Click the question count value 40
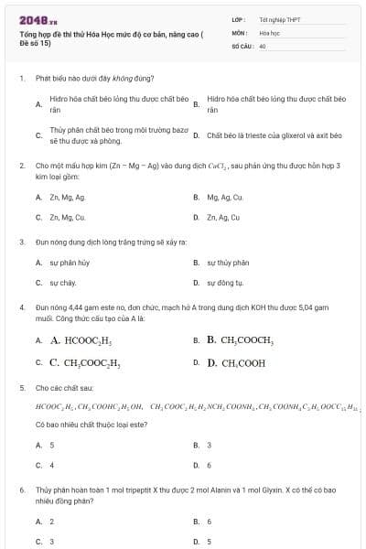263,44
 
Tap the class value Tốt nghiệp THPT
279,18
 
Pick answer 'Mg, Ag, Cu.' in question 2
224,197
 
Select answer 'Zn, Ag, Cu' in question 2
223,218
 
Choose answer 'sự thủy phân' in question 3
227,263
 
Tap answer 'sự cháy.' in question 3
63,283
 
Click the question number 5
22,388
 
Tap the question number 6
22,490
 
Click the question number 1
22,79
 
